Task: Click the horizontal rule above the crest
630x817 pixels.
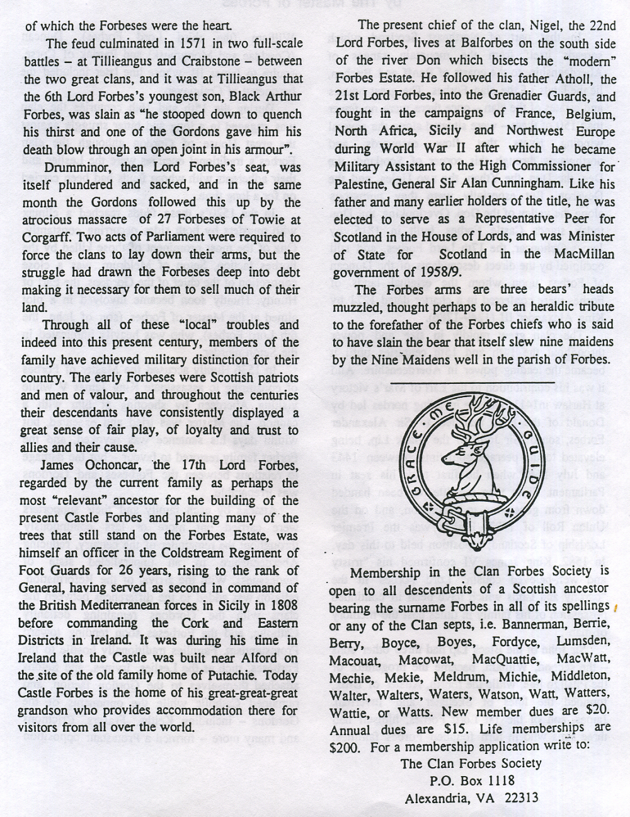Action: click(x=472, y=383)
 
